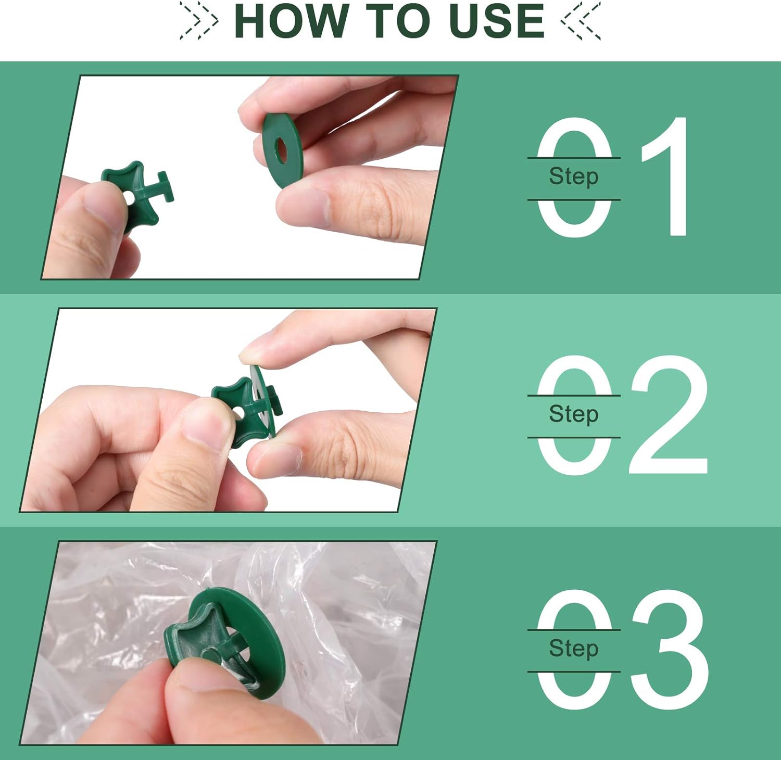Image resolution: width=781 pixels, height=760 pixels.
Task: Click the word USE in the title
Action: tap(496, 21)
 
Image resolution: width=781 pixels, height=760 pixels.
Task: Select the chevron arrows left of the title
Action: tap(199, 21)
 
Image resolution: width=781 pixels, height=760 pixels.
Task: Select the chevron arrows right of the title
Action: tap(581, 21)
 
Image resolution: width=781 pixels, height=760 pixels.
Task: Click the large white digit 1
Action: tap(669, 177)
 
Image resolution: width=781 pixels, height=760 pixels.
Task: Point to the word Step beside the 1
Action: tap(573, 177)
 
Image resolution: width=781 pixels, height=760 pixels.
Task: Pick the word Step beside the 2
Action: tap(573, 415)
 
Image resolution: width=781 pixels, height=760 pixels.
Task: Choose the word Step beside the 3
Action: tap(573, 649)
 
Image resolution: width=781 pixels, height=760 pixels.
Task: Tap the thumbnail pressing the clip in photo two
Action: tap(206, 424)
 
